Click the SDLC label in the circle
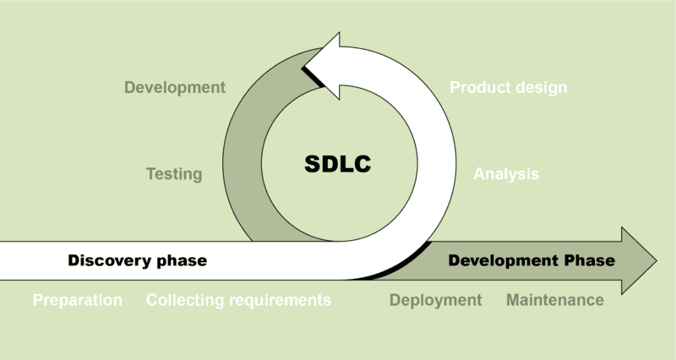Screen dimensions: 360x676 point(338,164)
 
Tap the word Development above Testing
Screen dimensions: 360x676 point(175,87)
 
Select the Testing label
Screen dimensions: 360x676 point(174,174)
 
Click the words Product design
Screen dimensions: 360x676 point(508,87)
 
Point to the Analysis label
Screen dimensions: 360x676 point(505,174)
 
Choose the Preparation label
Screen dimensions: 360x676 point(77,300)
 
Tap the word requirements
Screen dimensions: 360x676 point(280,300)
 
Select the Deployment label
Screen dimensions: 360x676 point(435,300)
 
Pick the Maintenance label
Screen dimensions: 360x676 point(554,300)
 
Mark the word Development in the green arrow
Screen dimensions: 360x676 point(504,260)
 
